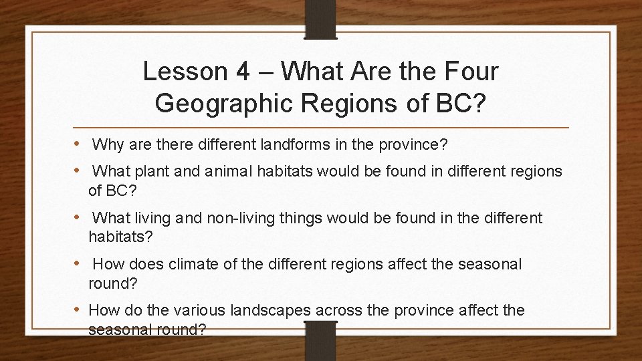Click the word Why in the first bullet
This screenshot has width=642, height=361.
click(108, 144)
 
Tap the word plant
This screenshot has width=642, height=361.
click(160, 172)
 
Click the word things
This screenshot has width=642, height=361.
click(321, 218)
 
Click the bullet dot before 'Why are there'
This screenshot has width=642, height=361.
click(79, 144)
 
